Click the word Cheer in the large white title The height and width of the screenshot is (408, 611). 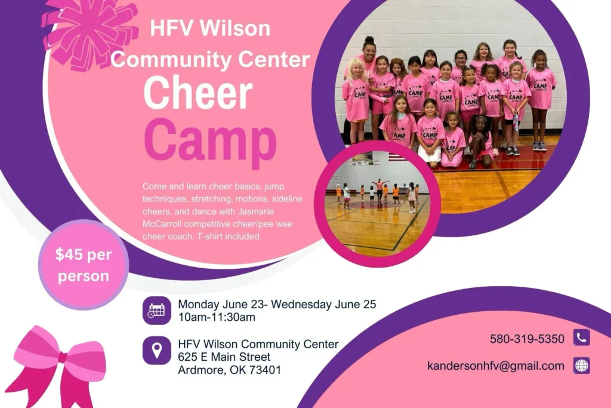198,93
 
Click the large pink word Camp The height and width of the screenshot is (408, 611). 211,142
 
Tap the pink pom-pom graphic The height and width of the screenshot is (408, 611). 90,33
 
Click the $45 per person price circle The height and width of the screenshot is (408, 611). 84,265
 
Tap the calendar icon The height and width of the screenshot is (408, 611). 157,311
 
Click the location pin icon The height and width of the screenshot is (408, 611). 157,350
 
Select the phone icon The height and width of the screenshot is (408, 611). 581,338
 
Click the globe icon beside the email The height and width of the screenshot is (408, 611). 581,366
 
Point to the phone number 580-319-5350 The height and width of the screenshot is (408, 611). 527,339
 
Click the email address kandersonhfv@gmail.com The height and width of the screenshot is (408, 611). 496,366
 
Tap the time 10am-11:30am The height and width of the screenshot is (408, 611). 217,317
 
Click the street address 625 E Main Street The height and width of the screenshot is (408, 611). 224,357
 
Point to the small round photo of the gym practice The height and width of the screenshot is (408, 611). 377,204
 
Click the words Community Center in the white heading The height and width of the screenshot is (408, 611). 211,60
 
